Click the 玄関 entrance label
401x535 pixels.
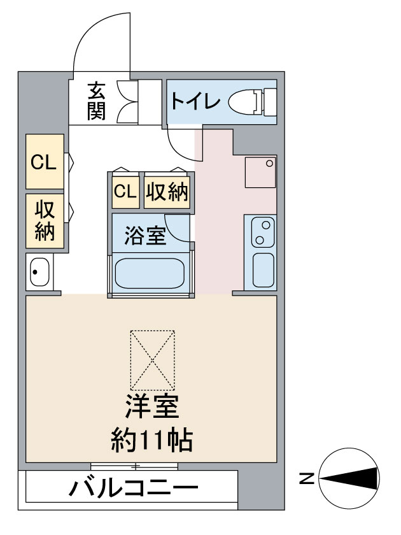(x=96, y=101)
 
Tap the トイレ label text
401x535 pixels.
(x=195, y=101)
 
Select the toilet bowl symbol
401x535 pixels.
(x=252, y=102)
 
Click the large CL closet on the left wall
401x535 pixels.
(x=45, y=161)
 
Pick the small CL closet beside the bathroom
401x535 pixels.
(x=126, y=192)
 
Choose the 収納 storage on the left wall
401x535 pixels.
(x=45, y=221)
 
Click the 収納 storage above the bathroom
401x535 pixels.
(x=167, y=192)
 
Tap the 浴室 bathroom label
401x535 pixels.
(x=145, y=236)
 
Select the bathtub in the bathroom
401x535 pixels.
(x=150, y=273)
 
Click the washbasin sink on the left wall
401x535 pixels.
(x=39, y=272)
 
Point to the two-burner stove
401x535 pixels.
(x=263, y=232)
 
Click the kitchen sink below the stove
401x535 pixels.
(x=263, y=270)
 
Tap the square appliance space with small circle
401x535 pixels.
(x=260, y=172)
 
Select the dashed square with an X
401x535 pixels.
(x=152, y=360)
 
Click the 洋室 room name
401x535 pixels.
(x=152, y=407)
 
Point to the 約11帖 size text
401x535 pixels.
(x=152, y=440)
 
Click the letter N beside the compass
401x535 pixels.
(x=307, y=478)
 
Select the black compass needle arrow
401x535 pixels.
(x=349, y=478)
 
